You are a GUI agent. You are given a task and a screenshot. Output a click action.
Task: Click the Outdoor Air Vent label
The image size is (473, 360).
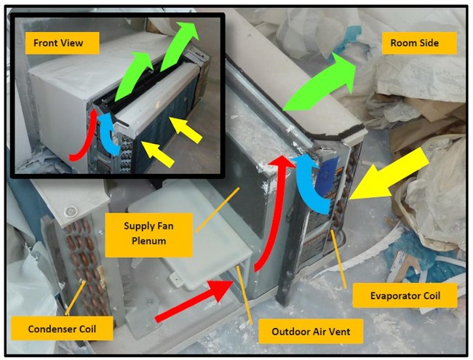[x=311, y=332]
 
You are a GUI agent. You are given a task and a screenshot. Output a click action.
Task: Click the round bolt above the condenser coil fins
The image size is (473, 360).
[x=70, y=211]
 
